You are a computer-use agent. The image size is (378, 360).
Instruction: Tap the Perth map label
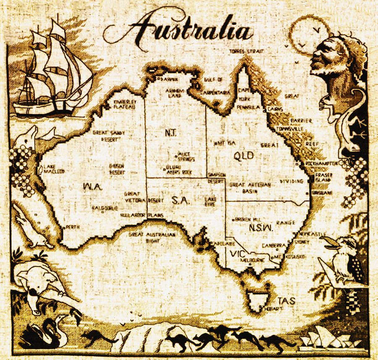tap(72, 227)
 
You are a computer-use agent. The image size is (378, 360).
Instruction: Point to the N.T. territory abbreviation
tap(171, 133)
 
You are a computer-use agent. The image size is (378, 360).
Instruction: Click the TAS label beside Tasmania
tap(286, 300)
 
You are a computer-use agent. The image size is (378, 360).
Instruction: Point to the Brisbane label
tap(323, 192)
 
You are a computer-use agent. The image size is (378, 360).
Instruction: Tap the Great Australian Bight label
tap(152, 237)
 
